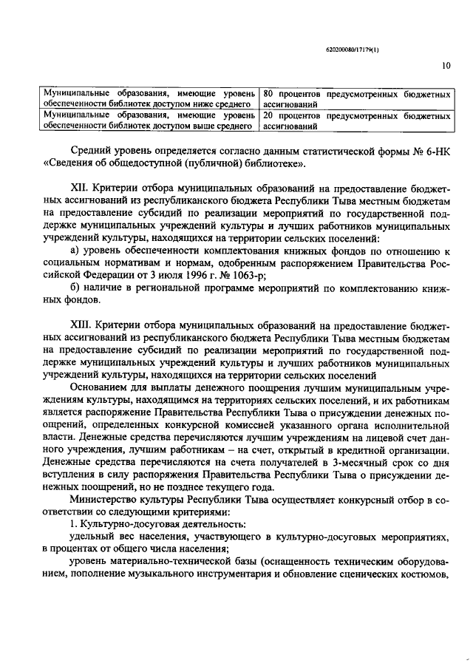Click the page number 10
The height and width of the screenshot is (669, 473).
446,66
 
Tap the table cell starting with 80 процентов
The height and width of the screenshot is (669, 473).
357,101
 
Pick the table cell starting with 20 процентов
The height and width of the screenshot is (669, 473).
357,121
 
